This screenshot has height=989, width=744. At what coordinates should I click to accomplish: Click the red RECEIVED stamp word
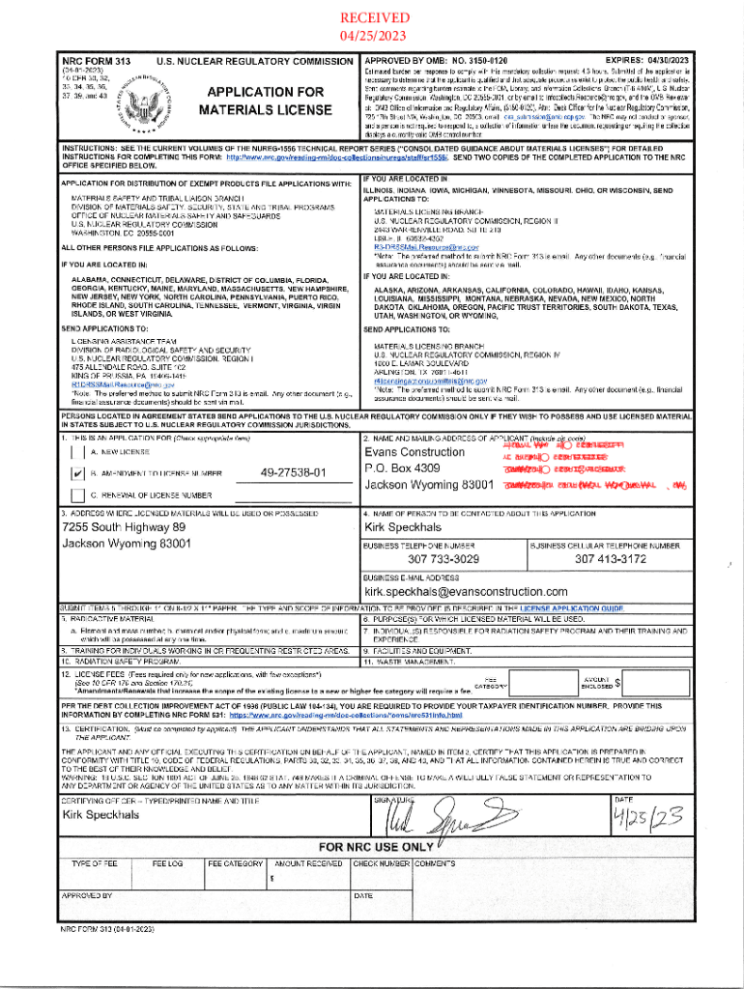click(x=372, y=18)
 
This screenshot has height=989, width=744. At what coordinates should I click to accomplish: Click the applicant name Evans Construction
click(x=415, y=452)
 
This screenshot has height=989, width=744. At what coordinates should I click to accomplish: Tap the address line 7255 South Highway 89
click(x=123, y=527)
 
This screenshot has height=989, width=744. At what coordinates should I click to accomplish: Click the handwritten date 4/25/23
click(x=649, y=819)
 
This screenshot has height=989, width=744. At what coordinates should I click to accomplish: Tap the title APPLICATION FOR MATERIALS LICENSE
click(x=261, y=100)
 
